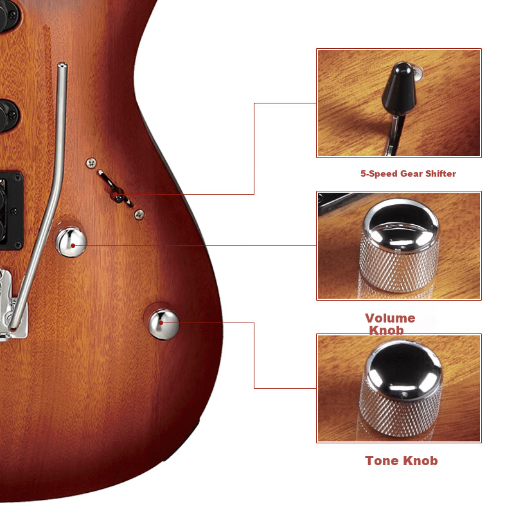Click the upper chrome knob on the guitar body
click(x=71, y=242)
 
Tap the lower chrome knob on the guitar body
click(x=164, y=324)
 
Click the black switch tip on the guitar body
click(x=118, y=197)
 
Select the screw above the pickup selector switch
click(x=91, y=163)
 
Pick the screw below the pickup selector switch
click(x=139, y=215)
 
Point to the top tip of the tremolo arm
click(x=62, y=65)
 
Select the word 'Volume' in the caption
click(x=390, y=318)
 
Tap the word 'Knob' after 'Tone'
click(x=420, y=461)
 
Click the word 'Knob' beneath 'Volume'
click(x=387, y=330)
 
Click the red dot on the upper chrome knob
click(x=73, y=245)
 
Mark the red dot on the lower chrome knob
click(x=161, y=323)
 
